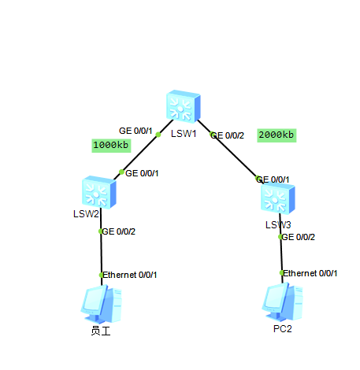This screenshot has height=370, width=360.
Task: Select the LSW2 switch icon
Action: coord(98,191)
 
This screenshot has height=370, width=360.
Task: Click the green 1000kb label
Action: coord(111,145)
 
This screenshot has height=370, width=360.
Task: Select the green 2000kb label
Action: coord(276,135)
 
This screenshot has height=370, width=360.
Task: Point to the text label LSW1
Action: coord(184,133)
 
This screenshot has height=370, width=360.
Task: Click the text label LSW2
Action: coord(87,214)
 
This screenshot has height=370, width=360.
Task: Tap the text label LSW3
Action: coord(278,225)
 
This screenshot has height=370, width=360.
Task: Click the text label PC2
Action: coord(282,328)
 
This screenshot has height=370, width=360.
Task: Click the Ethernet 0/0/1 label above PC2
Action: coord(311,273)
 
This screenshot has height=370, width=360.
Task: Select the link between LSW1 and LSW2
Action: coord(139,153)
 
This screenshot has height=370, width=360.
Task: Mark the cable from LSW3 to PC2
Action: coord(281,256)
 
